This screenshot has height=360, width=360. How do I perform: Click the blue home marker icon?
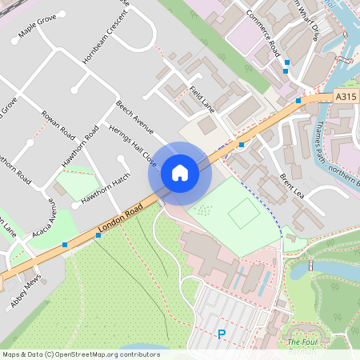click(179, 173)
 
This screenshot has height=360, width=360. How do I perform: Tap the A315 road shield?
click(345, 97)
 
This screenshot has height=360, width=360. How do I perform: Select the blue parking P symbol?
click(222, 334)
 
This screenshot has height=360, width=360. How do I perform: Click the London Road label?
click(120, 219)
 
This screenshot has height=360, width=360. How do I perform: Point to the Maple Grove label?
click(38, 30)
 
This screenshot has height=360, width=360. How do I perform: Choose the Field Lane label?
click(202, 98)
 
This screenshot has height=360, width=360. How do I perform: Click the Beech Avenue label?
click(134, 115)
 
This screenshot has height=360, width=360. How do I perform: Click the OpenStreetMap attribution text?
click(80, 354)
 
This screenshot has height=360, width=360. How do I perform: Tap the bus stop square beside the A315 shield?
click(298, 101)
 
